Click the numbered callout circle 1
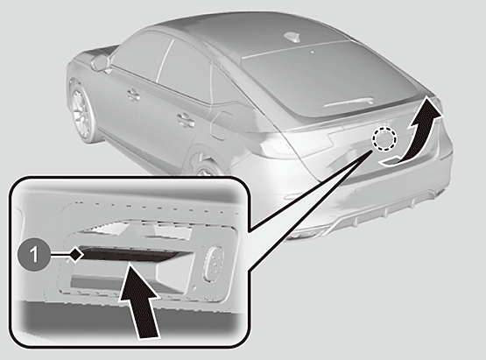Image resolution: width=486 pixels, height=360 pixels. tap(33, 256)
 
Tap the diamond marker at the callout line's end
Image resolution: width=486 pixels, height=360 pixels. tap(76, 255)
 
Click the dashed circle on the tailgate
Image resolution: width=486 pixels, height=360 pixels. tap(385, 138)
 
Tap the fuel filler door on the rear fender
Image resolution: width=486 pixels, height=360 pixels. tap(222, 125)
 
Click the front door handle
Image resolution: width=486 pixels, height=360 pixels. tap(134, 95)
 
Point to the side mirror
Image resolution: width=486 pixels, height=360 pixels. tap(100, 61)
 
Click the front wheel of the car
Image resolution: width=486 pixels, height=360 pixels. tap(81, 112)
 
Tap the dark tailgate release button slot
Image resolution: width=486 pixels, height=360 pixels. tap(129, 254)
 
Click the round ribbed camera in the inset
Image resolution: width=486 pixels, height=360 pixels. tap(213, 264)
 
